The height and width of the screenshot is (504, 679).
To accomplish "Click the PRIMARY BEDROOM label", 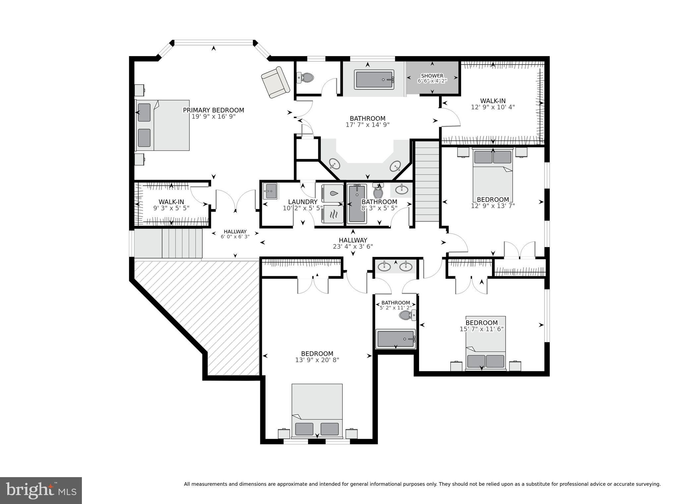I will coord(213,110).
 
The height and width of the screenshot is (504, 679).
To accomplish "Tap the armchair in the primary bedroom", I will coord(275,82).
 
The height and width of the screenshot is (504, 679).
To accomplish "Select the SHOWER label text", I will coord(432,76).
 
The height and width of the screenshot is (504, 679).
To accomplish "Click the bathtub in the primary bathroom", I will coord(374,80).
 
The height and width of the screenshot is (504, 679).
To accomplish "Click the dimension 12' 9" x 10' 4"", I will coord(493,107).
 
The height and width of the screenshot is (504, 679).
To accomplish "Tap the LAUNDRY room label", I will coord(303,202).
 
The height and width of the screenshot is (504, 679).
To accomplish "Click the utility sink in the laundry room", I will coord(270,191).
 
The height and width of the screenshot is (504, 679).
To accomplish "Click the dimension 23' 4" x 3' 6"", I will coord(353,246).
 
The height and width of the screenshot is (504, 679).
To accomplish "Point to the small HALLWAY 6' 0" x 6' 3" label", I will coord(235,234).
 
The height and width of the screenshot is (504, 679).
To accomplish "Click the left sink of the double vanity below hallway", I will coord(385,266).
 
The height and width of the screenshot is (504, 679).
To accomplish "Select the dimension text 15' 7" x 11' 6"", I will coord(481,329).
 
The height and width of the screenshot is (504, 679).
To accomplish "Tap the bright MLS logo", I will coord(41,490).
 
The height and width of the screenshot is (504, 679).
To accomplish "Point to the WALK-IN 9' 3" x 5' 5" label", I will coord(171,205).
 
